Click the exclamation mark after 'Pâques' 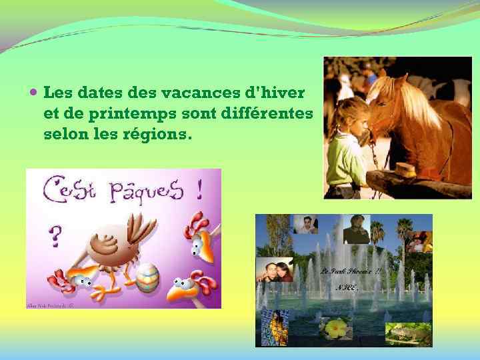[x=199, y=189]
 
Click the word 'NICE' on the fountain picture [x=347, y=287]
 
